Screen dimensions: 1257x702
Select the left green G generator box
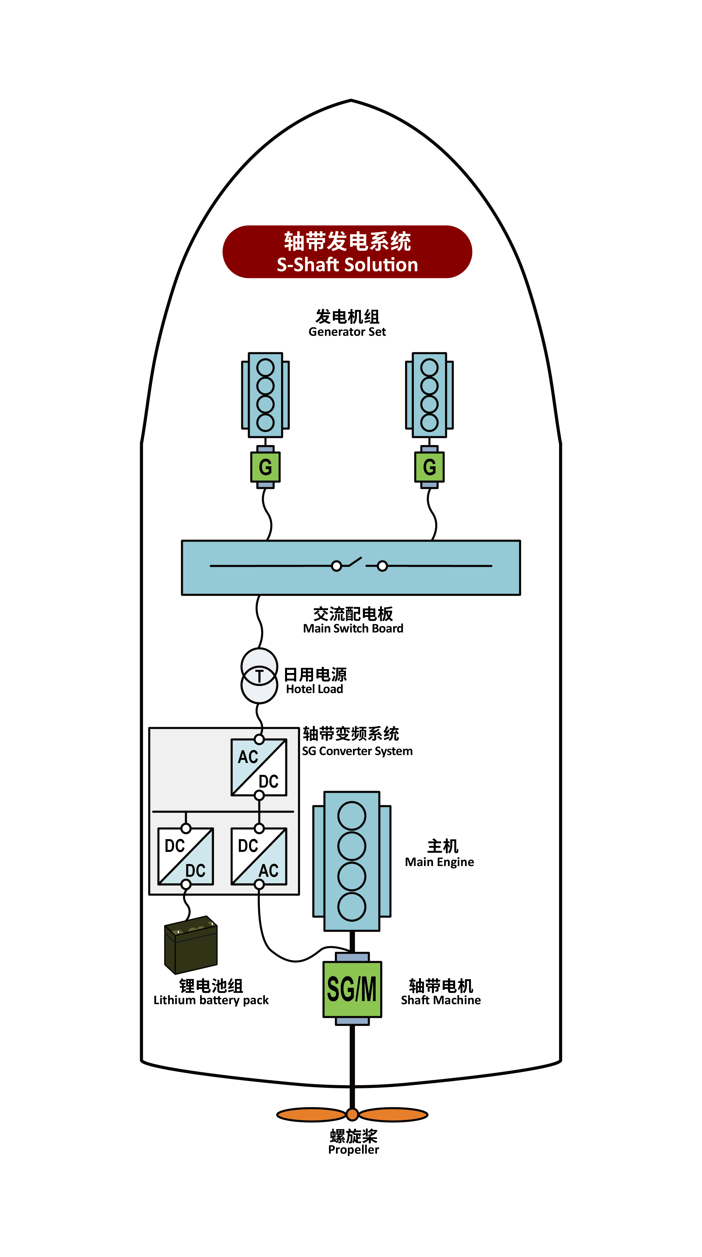pyautogui.click(x=265, y=467)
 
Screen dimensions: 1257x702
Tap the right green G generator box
pyautogui.click(x=429, y=467)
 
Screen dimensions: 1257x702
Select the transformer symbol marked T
pyautogui.click(x=260, y=676)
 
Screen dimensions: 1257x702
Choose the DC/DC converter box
pyautogui.click(x=185, y=856)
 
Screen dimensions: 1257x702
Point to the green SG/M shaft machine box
pyautogui.click(x=352, y=989)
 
